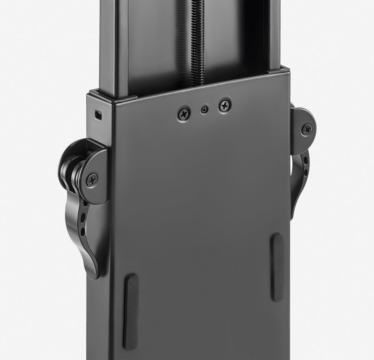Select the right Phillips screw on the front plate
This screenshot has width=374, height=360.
[225, 105]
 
